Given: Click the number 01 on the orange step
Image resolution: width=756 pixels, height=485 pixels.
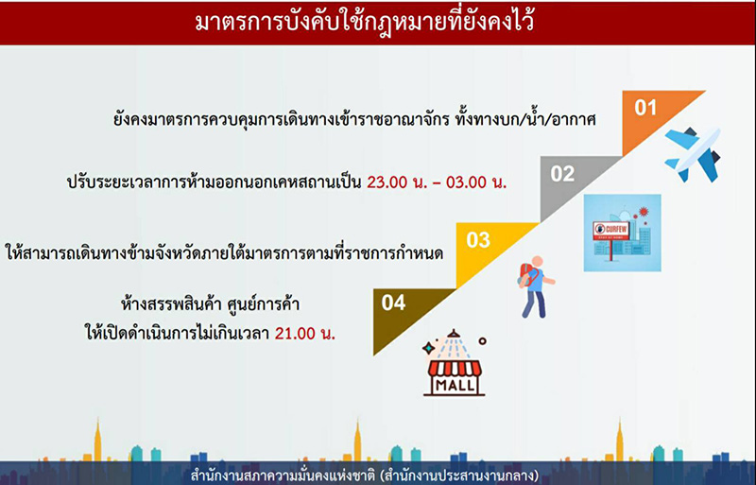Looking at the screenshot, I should click(645, 107).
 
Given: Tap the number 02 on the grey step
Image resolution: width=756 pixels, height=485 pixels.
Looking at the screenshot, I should click(562, 173).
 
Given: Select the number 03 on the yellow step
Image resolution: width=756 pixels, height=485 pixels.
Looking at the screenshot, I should click(478, 239).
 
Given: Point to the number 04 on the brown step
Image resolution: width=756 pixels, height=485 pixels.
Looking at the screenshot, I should click(394, 303).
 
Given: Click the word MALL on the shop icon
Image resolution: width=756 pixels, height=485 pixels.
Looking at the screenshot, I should click(455, 386).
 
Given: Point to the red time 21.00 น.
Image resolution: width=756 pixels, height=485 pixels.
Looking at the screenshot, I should click(307, 333).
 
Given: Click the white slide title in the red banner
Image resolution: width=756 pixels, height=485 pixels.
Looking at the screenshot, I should click(378, 22).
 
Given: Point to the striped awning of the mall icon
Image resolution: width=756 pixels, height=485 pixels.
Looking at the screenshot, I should click(455, 368).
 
